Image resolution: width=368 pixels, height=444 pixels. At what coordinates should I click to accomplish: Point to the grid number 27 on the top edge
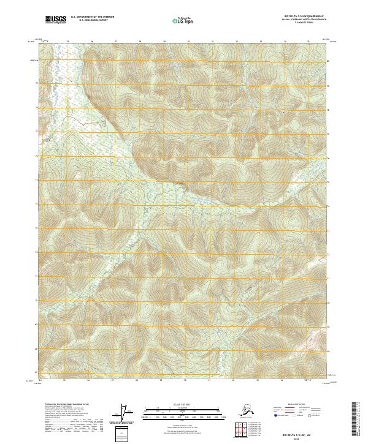coord(115,41)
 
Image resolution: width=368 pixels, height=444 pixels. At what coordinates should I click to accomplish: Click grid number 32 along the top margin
coord(236,41)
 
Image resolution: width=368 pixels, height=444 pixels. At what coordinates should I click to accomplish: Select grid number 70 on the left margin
coord(36,301)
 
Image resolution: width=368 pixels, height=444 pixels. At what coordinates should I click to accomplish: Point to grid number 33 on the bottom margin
coord(260,380)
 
